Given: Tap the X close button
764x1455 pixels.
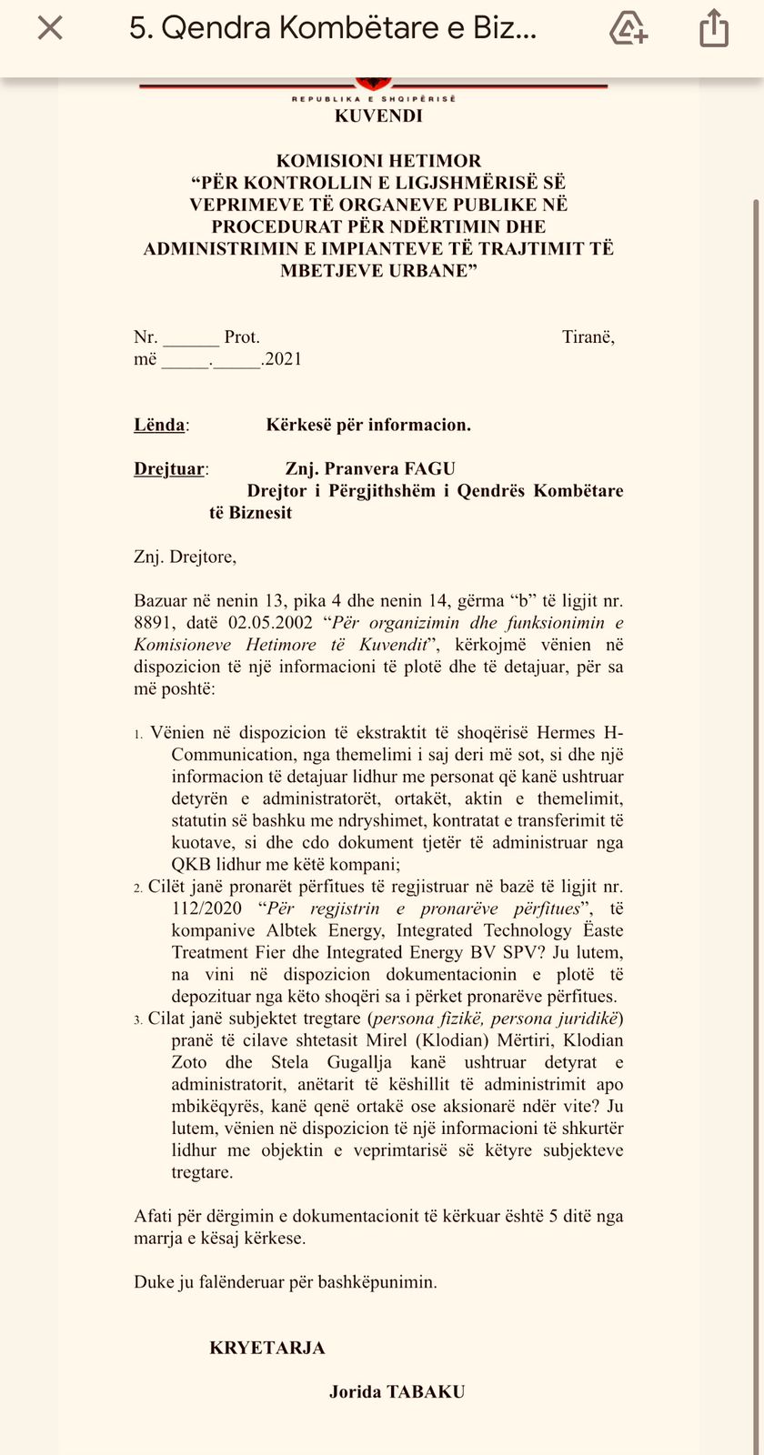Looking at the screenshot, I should point(50,29).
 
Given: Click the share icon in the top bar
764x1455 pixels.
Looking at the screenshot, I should point(714,28).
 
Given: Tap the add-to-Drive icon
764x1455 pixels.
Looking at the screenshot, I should point(628,28).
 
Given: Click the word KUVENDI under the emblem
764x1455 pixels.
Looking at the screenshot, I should point(378,116).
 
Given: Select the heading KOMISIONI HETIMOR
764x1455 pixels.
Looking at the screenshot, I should point(378,161).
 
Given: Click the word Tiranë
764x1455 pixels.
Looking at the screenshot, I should point(588,337).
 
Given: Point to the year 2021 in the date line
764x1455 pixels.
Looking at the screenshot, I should point(283,359).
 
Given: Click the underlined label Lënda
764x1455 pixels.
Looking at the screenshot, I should point(159,425).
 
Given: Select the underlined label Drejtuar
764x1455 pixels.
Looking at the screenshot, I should point(169,469).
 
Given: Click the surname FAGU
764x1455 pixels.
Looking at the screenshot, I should point(430,469).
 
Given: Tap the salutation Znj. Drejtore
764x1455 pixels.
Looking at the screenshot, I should point(185,557).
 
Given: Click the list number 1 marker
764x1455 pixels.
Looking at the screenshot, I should point(138,734).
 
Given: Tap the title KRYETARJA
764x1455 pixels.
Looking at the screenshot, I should point(267,1348).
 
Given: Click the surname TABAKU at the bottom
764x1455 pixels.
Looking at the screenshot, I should point(426,1391).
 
